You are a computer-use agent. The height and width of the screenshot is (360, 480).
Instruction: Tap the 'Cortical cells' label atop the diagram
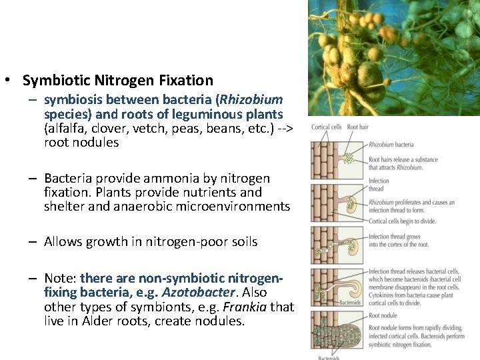327,127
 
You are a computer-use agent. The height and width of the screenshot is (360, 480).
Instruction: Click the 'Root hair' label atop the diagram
358,127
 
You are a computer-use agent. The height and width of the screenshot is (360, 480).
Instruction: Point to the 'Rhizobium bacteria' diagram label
391,144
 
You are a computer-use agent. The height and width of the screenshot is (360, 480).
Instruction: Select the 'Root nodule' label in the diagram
383,315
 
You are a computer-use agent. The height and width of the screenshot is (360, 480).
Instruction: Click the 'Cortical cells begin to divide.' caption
402,221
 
